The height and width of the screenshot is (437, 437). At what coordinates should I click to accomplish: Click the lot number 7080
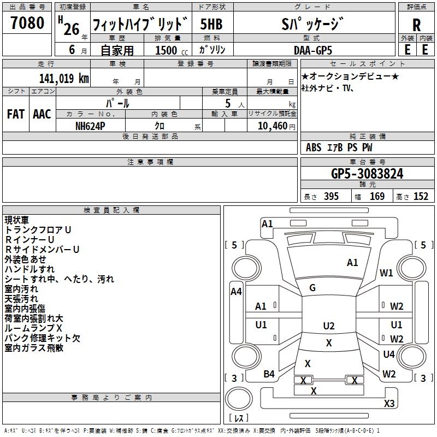tap(27, 24)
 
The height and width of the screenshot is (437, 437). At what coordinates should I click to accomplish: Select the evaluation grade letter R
tap(417, 25)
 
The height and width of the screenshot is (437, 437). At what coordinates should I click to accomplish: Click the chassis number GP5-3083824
tap(367, 174)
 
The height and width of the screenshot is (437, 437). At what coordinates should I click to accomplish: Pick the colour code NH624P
tap(91, 126)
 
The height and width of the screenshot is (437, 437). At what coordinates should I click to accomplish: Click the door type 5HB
tap(211, 25)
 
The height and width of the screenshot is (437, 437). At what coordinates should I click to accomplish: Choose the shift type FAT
tap(15, 114)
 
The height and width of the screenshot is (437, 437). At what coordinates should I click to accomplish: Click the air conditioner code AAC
tap(42, 114)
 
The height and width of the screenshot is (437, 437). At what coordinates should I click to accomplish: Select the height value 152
tap(421, 197)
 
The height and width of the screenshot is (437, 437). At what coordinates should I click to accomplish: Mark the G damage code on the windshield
tap(312, 288)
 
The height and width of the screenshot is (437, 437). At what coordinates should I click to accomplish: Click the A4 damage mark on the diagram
tap(236, 292)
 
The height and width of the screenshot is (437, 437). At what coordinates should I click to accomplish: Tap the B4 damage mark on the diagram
tap(269, 374)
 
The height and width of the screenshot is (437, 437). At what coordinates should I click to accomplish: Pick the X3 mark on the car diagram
tap(389, 404)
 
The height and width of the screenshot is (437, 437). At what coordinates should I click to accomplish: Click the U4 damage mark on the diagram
tap(389, 355)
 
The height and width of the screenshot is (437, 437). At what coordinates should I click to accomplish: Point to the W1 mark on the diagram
tap(387, 273)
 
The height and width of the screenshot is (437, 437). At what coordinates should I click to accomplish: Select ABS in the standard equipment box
tap(314, 147)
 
